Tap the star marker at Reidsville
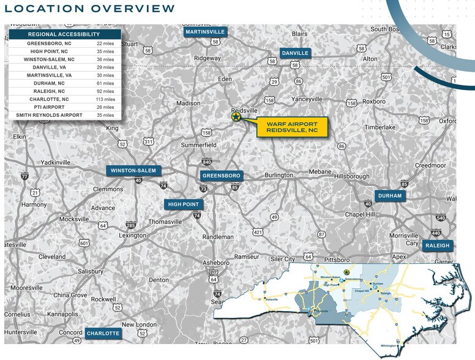236,116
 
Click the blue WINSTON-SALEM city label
132,171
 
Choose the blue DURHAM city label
389,196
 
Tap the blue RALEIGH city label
437,246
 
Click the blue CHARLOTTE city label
103,334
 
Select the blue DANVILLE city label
295,53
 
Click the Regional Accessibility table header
64,35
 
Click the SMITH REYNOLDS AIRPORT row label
48,115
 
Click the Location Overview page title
89,9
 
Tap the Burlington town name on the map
279,175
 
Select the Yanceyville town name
307,99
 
